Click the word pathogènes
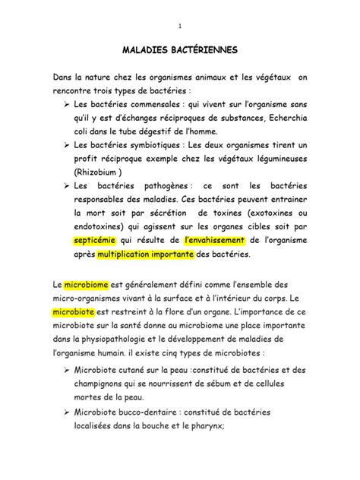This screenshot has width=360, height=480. coord(162,186)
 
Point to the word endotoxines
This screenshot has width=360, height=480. coord(103,223)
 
